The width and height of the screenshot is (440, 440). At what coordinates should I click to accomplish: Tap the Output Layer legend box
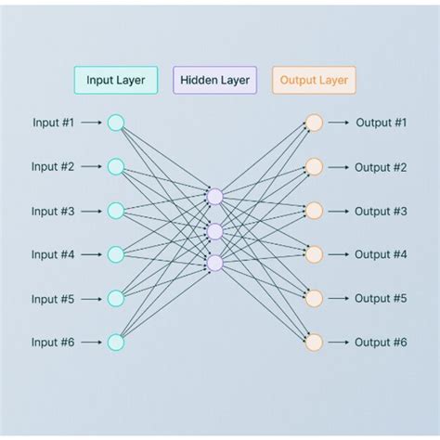click(314, 80)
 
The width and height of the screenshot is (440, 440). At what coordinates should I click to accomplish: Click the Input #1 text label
click(53, 123)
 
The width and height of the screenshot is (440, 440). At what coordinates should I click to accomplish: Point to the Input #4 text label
click(53, 254)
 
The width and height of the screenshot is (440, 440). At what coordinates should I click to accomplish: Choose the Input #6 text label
click(53, 343)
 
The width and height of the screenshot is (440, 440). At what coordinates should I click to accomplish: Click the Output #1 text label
click(381, 123)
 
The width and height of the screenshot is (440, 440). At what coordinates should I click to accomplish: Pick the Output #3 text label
click(381, 211)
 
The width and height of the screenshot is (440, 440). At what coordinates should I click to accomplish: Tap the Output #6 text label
click(381, 343)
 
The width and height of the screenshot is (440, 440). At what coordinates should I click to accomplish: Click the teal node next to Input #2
click(115, 166)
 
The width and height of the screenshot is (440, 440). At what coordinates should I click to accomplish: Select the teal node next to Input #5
click(115, 298)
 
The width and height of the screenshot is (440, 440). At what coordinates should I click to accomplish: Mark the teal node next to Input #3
click(115, 211)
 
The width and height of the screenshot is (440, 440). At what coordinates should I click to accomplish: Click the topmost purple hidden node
click(215, 196)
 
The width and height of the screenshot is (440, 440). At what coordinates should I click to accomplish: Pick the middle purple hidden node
click(215, 231)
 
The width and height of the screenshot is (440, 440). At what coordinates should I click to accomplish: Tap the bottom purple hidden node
click(215, 264)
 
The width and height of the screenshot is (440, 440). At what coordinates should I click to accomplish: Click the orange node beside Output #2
click(314, 166)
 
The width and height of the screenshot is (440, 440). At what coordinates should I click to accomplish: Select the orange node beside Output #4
click(314, 254)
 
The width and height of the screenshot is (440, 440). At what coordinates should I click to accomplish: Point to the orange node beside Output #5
click(314, 298)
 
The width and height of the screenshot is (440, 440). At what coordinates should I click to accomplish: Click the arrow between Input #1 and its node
click(91, 123)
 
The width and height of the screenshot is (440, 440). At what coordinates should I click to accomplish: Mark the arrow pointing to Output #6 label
click(338, 343)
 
